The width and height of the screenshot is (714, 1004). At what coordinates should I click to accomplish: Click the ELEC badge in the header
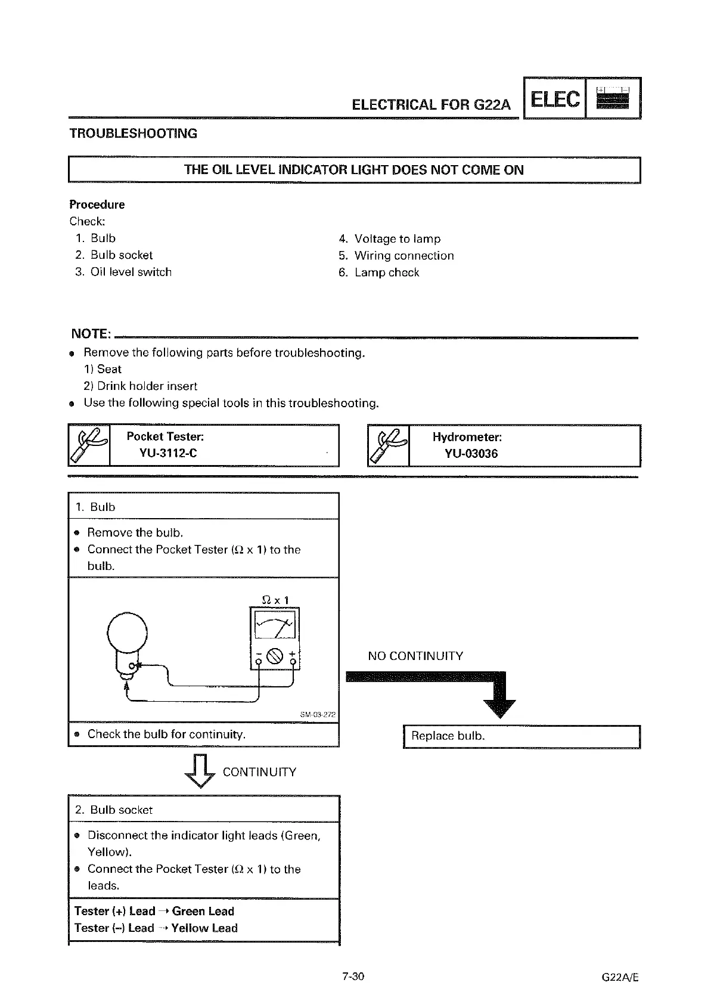(x=554, y=99)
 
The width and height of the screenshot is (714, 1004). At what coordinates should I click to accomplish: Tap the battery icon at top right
(x=613, y=98)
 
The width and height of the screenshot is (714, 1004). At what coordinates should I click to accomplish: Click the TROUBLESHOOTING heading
(x=134, y=134)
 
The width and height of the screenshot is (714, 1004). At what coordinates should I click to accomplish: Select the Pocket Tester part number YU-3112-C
(x=168, y=453)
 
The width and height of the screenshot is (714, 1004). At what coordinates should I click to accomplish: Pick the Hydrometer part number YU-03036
(x=471, y=454)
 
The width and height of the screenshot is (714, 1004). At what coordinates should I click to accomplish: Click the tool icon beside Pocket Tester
(x=89, y=445)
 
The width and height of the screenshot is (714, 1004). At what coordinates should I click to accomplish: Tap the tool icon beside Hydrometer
(x=389, y=445)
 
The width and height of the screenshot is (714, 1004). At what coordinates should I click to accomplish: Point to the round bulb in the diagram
(x=126, y=634)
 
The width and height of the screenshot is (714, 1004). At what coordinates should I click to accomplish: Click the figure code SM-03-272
(x=318, y=714)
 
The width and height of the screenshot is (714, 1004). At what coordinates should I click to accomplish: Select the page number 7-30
(x=353, y=977)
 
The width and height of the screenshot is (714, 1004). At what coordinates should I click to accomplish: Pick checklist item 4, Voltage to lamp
(x=397, y=239)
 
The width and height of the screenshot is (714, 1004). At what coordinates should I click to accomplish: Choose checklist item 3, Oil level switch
(x=131, y=272)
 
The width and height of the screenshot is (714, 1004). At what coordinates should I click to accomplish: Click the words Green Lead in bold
(x=203, y=911)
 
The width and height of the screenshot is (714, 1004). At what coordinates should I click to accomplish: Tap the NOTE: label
(x=91, y=333)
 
